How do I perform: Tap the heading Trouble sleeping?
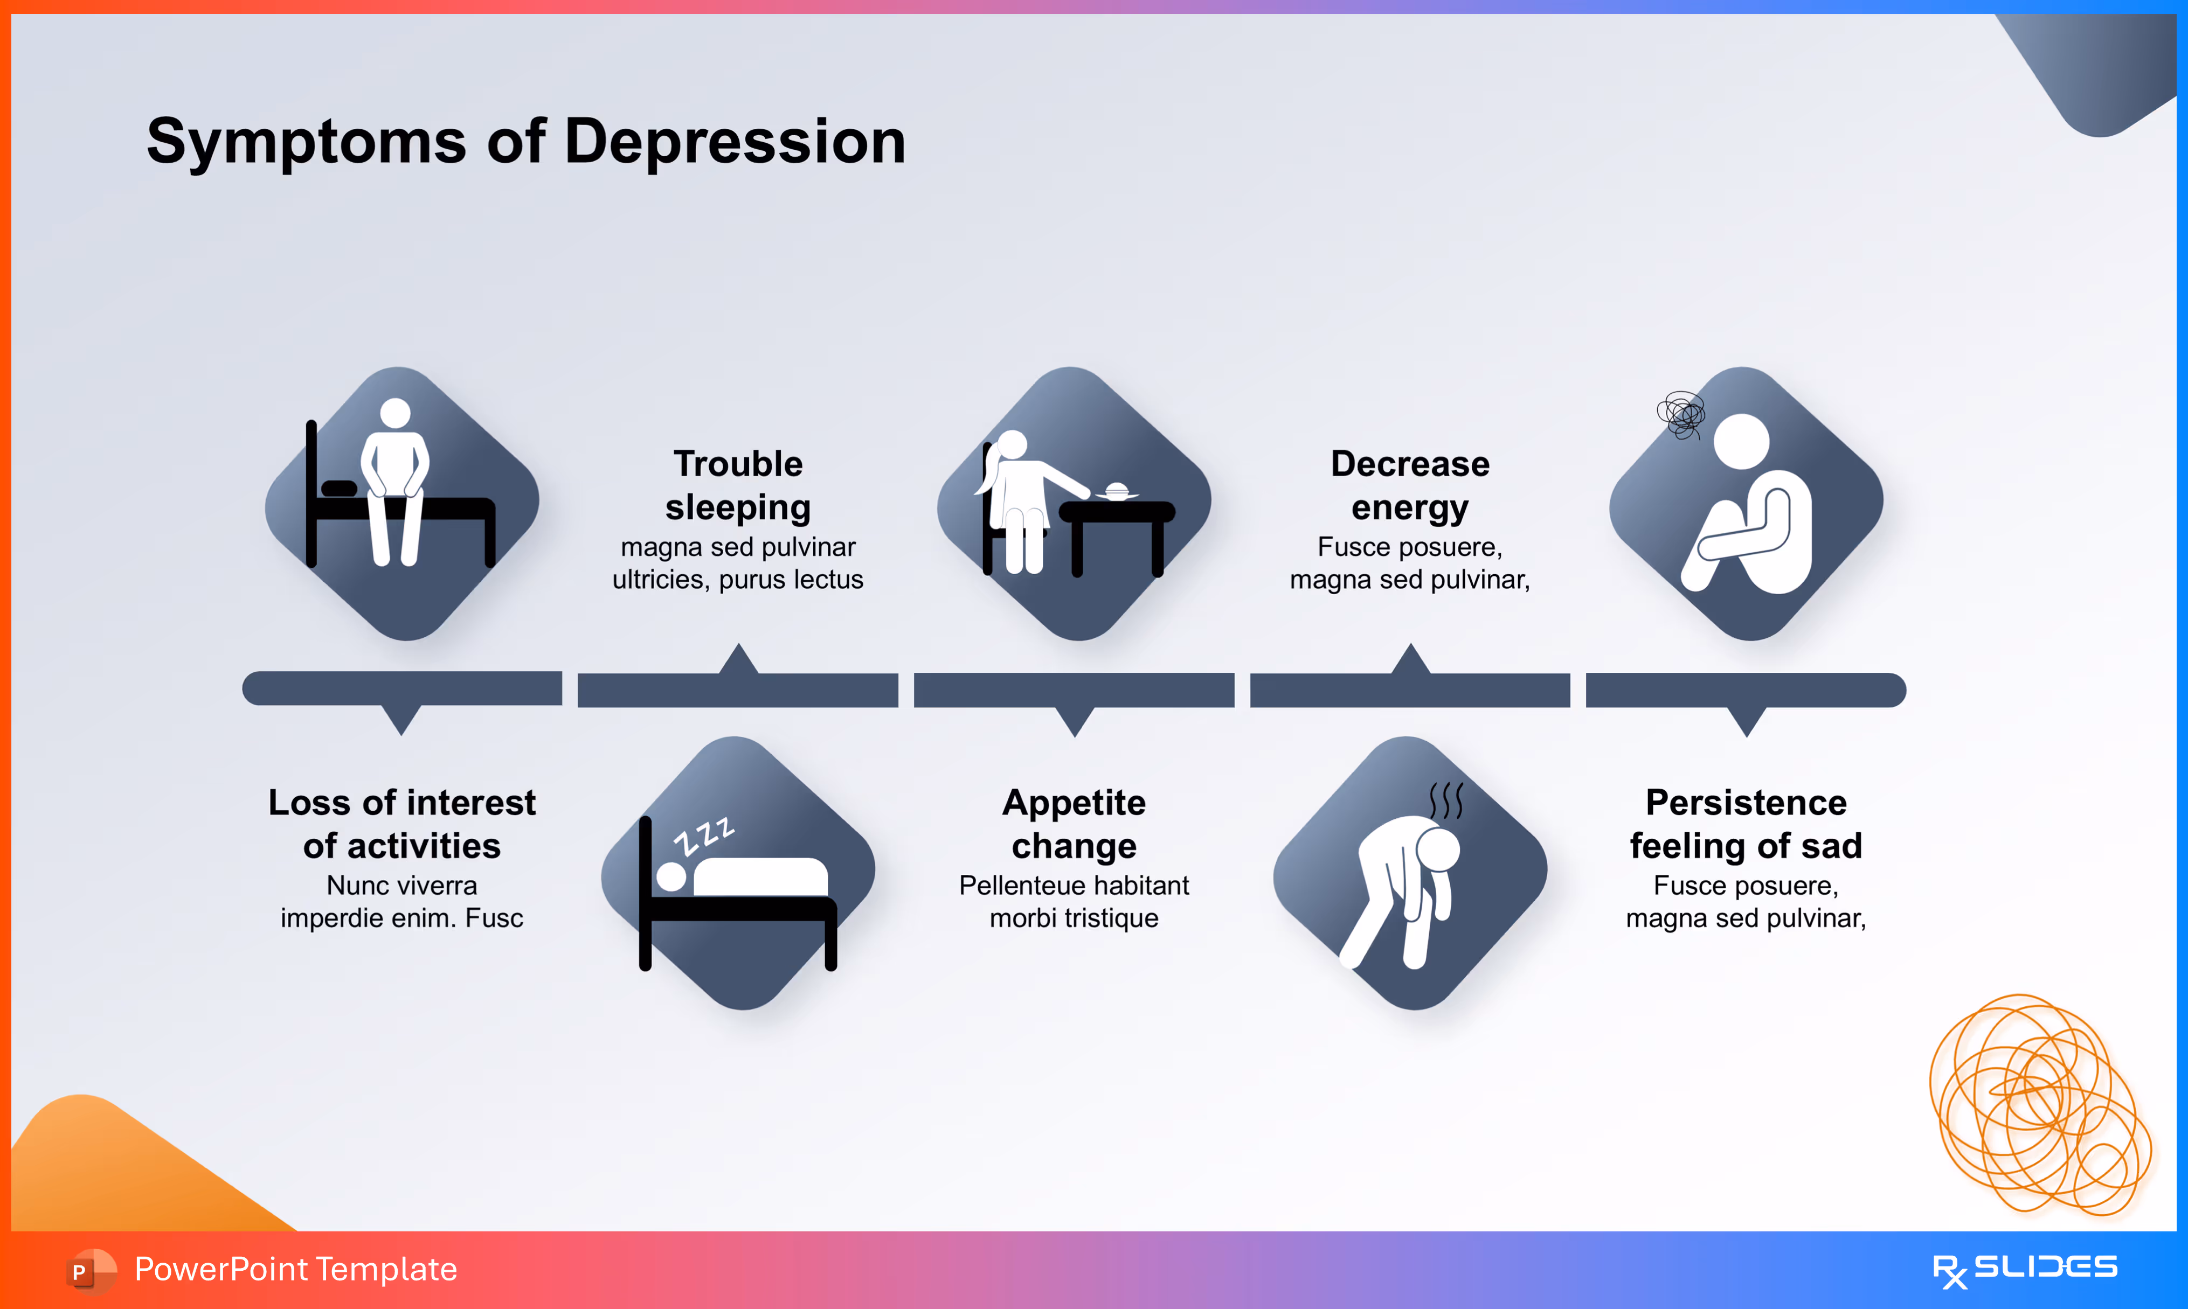tap(738, 485)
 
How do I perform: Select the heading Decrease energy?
tap(1410, 485)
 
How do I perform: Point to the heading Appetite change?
tap(1074, 824)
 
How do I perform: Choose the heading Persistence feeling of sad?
tap(1746, 824)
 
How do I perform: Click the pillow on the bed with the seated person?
tap(339, 488)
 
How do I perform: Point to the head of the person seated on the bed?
tap(394, 413)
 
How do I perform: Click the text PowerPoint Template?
tap(295, 1269)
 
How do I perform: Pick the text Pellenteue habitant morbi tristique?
tap(1074, 901)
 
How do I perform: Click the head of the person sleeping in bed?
tap(671, 876)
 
